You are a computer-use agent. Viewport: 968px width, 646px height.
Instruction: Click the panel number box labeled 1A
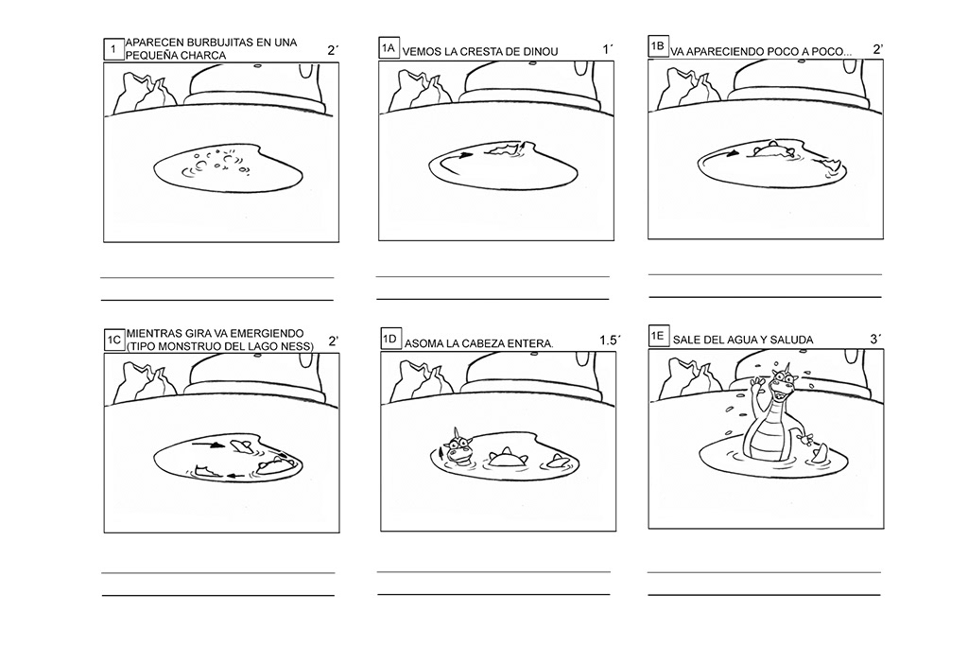click(389, 47)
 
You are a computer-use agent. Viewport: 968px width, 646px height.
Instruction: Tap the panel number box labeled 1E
click(658, 336)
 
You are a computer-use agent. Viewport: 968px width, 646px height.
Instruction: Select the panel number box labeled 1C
click(114, 340)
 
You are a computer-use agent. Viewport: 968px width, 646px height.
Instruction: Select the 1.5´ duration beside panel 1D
click(610, 340)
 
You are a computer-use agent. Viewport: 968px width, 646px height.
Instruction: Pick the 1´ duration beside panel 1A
click(608, 49)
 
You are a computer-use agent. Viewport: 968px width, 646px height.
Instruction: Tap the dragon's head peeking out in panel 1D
click(458, 446)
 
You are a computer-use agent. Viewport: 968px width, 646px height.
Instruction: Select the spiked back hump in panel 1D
click(508, 458)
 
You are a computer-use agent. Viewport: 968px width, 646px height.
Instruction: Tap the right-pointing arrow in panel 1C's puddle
click(208, 444)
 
